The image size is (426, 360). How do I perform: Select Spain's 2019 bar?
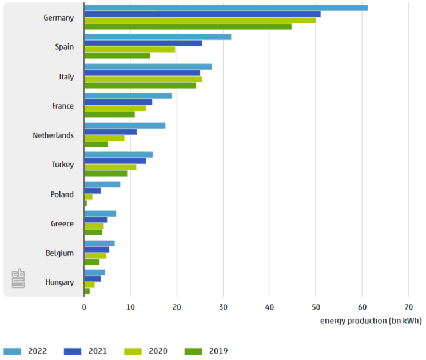click(117, 55)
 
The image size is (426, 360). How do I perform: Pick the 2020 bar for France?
click(115, 108)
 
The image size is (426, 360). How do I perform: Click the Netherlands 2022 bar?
click(125, 125)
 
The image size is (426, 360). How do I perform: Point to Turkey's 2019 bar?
click(106, 173)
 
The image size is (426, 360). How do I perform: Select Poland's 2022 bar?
click(102, 184)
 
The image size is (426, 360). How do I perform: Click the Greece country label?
click(62, 224)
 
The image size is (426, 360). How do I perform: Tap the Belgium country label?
click(61, 253)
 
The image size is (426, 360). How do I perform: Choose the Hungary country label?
click(59, 282)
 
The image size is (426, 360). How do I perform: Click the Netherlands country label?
click(53, 135)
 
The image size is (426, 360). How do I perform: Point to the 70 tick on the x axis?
click(408, 307)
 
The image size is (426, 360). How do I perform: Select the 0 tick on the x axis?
click(84, 307)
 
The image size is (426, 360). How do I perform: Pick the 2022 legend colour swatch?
click(13, 351)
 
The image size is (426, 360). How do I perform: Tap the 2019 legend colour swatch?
click(196, 351)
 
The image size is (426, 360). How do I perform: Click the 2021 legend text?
click(97, 351)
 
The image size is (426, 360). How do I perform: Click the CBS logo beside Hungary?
click(18, 278)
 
